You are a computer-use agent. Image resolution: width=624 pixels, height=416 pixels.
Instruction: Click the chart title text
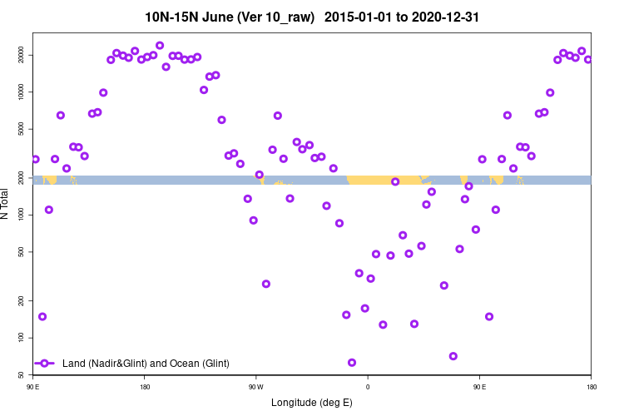pyautogui.click(x=311, y=17)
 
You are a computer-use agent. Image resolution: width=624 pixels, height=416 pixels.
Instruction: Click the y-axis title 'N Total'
pyautogui.click(x=6, y=204)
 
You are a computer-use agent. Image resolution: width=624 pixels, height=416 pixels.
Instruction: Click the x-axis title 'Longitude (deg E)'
pyautogui.click(x=312, y=403)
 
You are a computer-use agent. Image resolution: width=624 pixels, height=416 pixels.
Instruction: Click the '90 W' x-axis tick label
pyautogui.click(x=255, y=387)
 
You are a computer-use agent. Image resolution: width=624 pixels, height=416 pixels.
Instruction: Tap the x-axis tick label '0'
pyautogui.click(x=367, y=387)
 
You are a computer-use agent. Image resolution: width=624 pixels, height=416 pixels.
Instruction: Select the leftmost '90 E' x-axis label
pyautogui.click(x=33, y=387)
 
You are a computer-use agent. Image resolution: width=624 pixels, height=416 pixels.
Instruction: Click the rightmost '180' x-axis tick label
pyautogui.click(x=591, y=387)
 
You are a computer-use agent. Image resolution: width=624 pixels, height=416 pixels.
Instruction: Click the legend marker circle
pyautogui.click(x=46, y=364)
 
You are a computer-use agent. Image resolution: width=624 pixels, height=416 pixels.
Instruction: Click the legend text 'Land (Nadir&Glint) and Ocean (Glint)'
pyautogui.click(x=146, y=364)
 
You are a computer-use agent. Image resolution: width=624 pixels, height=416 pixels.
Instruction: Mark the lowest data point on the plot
pyautogui.click(x=352, y=363)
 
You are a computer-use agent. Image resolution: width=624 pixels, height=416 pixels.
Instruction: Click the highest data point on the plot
pyautogui.click(x=160, y=46)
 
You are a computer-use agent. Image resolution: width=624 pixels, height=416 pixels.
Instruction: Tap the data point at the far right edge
pyautogui.click(x=588, y=60)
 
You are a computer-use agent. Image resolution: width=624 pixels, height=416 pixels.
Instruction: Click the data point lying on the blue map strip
pyautogui.click(x=395, y=181)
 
